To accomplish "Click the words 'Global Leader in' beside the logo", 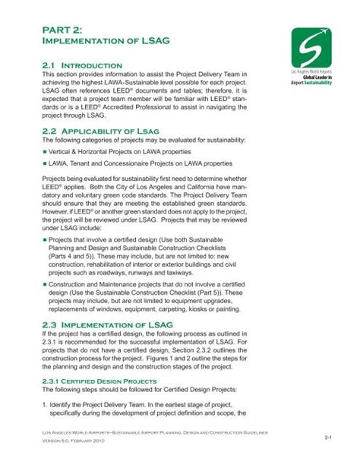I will [x=319, y=76].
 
